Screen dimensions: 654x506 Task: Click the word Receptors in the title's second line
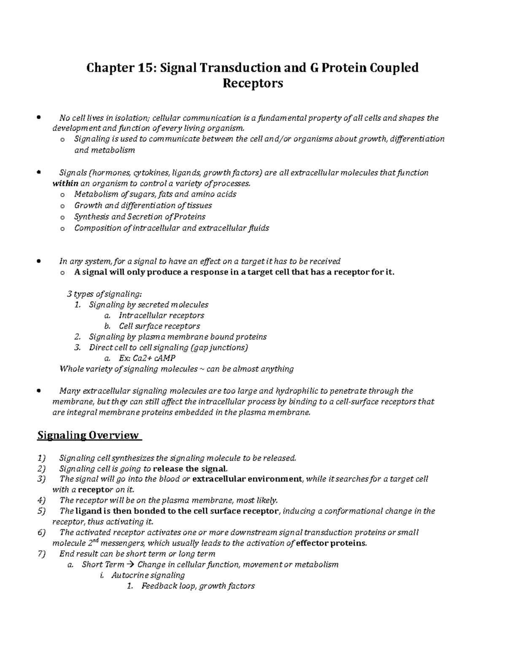pyautogui.click(x=253, y=83)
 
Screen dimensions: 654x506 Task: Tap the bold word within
pyautogui.click(x=65, y=184)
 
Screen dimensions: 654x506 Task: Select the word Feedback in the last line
pyautogui.click(x=158, y=586)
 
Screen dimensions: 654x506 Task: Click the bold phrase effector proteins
pyautogui.click(x=331, y=543)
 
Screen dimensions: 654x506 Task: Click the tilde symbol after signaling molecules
pyautogui.click(x=202, y=369)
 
